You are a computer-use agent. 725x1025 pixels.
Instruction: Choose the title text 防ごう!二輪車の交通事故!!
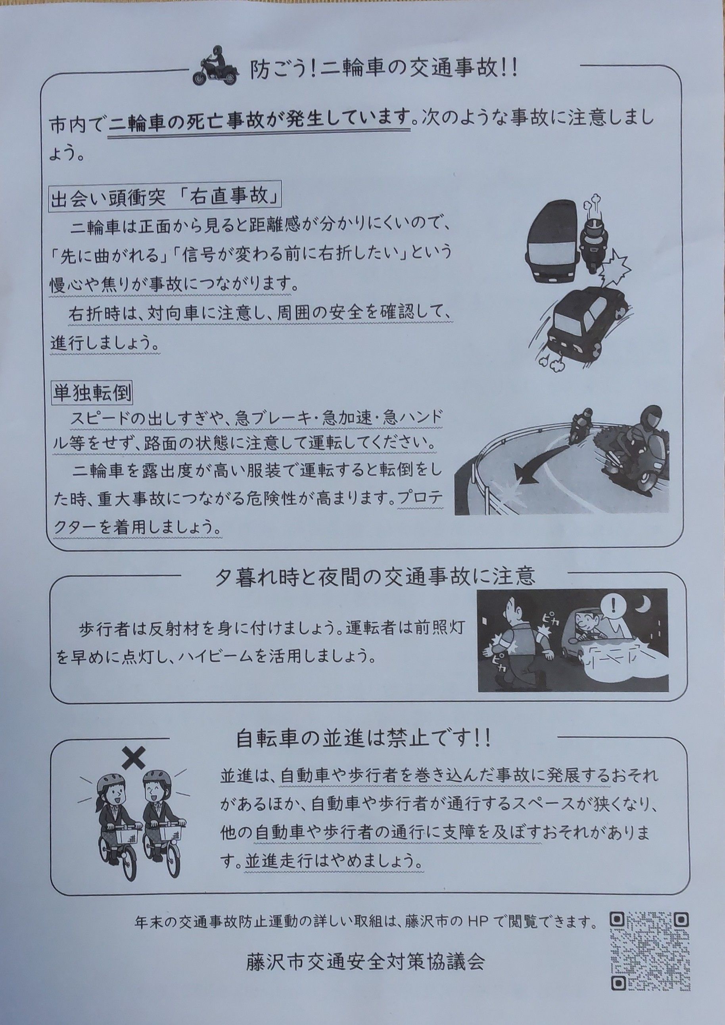(383, 70)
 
